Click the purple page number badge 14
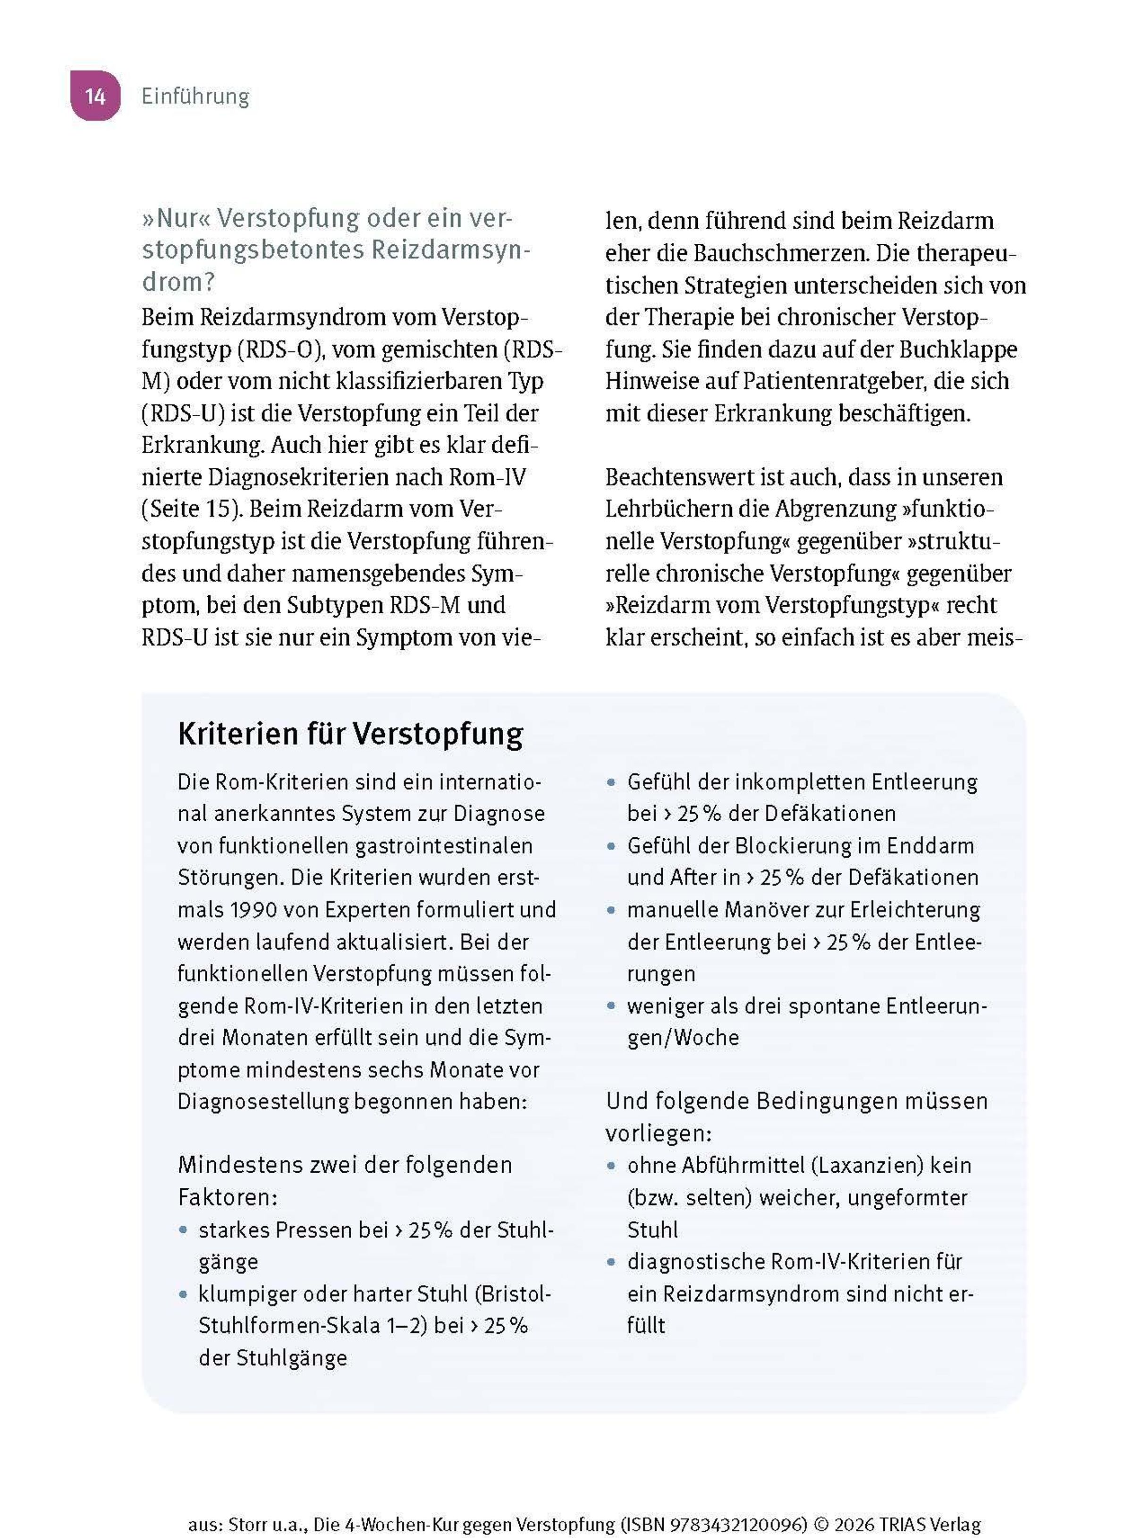(x=95, y=95)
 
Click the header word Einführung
(x=195, y=96)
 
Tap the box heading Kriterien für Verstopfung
(x=350, y=734)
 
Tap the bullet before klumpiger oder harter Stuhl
(x=183, y=1294)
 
